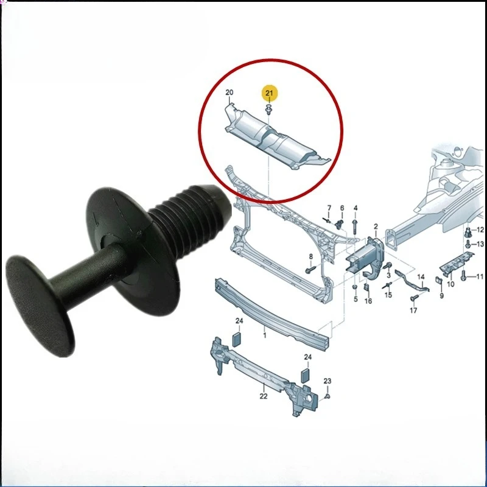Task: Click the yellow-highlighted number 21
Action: point(269,93)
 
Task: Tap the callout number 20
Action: point(229,93)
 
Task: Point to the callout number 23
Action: point(327,382)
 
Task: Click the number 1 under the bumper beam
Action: point(264,335)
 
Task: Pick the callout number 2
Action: point(376,226)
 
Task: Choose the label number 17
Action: point(413,311)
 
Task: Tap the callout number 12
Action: point(480,229)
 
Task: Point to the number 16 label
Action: point(368,301)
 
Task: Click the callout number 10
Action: point(450,284)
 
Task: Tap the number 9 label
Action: point(441,296)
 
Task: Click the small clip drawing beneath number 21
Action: point(268,110)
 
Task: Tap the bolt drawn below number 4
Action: point(354,227)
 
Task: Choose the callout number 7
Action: point(329,209)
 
